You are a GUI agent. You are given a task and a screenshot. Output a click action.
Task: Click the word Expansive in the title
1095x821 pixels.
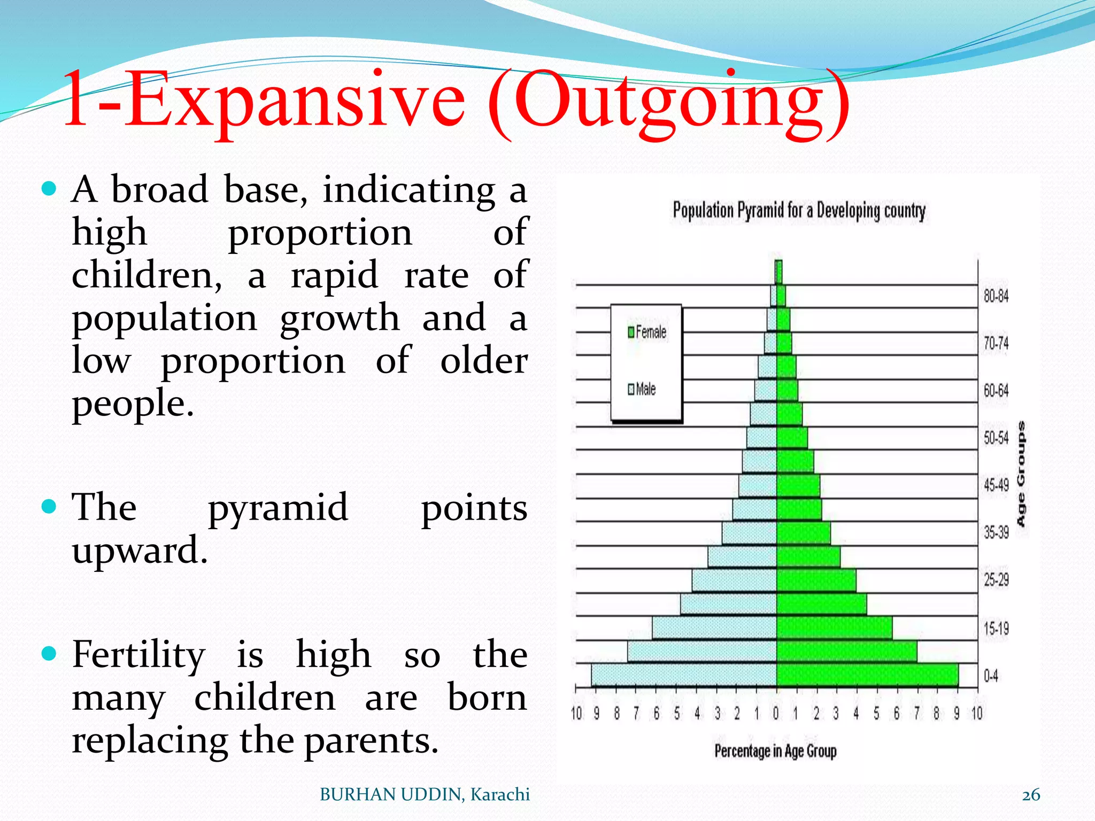pyautogui.click(x=297, y=100)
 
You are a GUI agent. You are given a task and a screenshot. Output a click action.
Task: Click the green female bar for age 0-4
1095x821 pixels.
pyautogui.click(x=866, y=675)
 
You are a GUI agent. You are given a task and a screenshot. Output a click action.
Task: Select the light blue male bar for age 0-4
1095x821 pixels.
pyautogui.click(x=684, y=675)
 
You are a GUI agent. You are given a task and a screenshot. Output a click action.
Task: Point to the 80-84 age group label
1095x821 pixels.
pyautogui.click(x=996, y=296)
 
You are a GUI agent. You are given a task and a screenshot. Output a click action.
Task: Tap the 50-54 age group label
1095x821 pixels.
pyautogui.click(x=996, y=438)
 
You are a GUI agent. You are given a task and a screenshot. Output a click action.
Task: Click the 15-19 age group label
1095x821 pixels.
pyautogui.click(x=996, y=628)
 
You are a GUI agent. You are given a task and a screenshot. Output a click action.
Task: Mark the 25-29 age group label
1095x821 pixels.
pyautogui.click(x=996, y=580)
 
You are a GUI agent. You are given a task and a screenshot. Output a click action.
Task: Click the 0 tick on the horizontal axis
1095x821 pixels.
pyautogui.click(x=776, y=714)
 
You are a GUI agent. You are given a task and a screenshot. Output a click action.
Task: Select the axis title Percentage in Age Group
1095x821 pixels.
pyautogui.click(x=775, y=751)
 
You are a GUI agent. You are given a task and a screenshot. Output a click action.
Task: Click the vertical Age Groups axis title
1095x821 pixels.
pyautogui.click(x=1021, y=474)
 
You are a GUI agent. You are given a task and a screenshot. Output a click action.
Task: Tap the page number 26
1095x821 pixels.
pyautogui.click(x=1031, y=795)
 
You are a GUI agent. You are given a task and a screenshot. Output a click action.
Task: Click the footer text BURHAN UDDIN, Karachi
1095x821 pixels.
pyautogui.click(x=425, y=795)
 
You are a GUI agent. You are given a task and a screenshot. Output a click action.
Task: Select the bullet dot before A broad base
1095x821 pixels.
pyautogui.click(x=49, y=188)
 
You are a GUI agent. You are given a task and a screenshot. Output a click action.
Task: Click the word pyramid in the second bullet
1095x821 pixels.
pyautogui.click(x=278, y=508)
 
